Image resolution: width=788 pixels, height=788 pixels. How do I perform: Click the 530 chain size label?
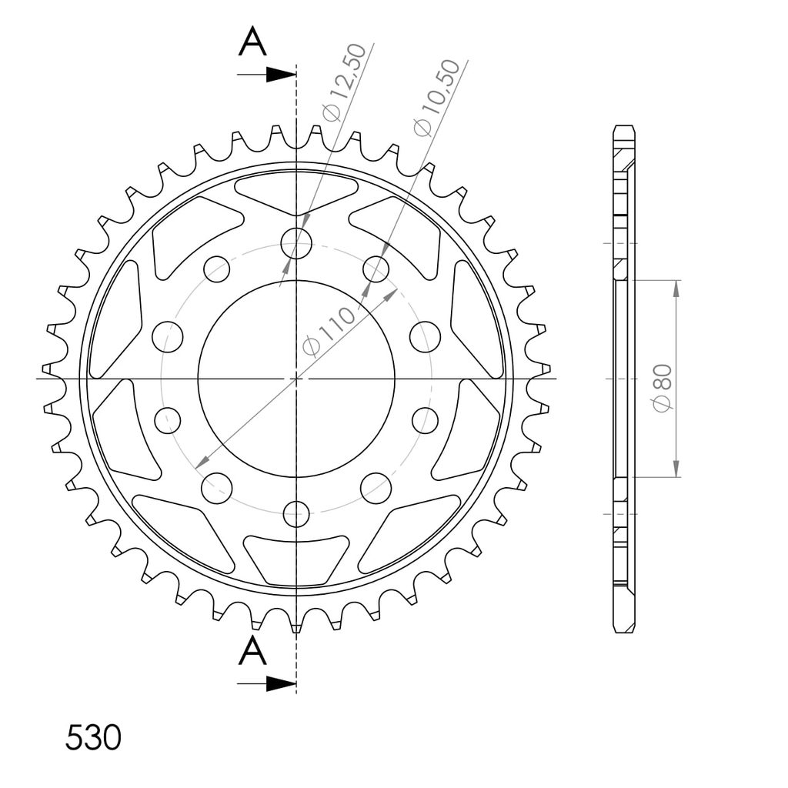(x=93, y=738)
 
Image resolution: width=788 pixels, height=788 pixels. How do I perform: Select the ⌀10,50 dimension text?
(x=436, y=98)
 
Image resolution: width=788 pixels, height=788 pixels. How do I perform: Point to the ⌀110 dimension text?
(x=329, y=332)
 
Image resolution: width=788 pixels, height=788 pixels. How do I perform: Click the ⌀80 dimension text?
(x=663, y=389)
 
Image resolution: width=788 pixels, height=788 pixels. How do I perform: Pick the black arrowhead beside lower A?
(x=281, y=683)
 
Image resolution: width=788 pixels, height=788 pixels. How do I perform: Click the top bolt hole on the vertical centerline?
(x=296, y=243)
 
